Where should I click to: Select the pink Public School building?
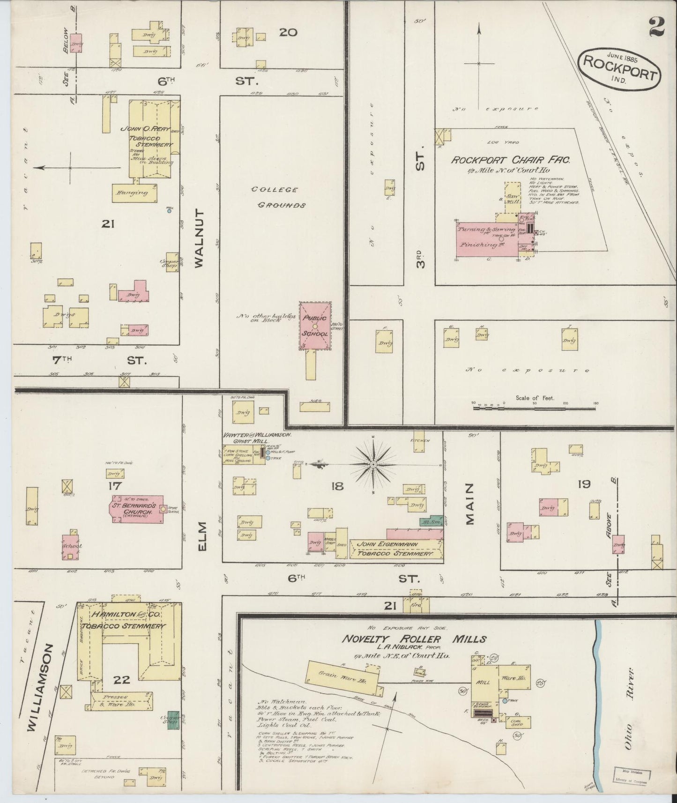click(x=315, y=326)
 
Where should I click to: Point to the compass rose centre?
click(x=373, y=464)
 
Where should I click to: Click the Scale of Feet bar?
click(x=535, y=408)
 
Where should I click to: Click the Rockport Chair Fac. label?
click(x=510, y=160)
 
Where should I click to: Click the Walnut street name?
click(x=199, y=238)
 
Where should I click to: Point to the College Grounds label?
click(x=275, y=197)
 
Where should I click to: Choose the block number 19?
click(x=584, y=484)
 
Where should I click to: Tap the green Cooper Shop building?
click(x=173, y=723)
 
